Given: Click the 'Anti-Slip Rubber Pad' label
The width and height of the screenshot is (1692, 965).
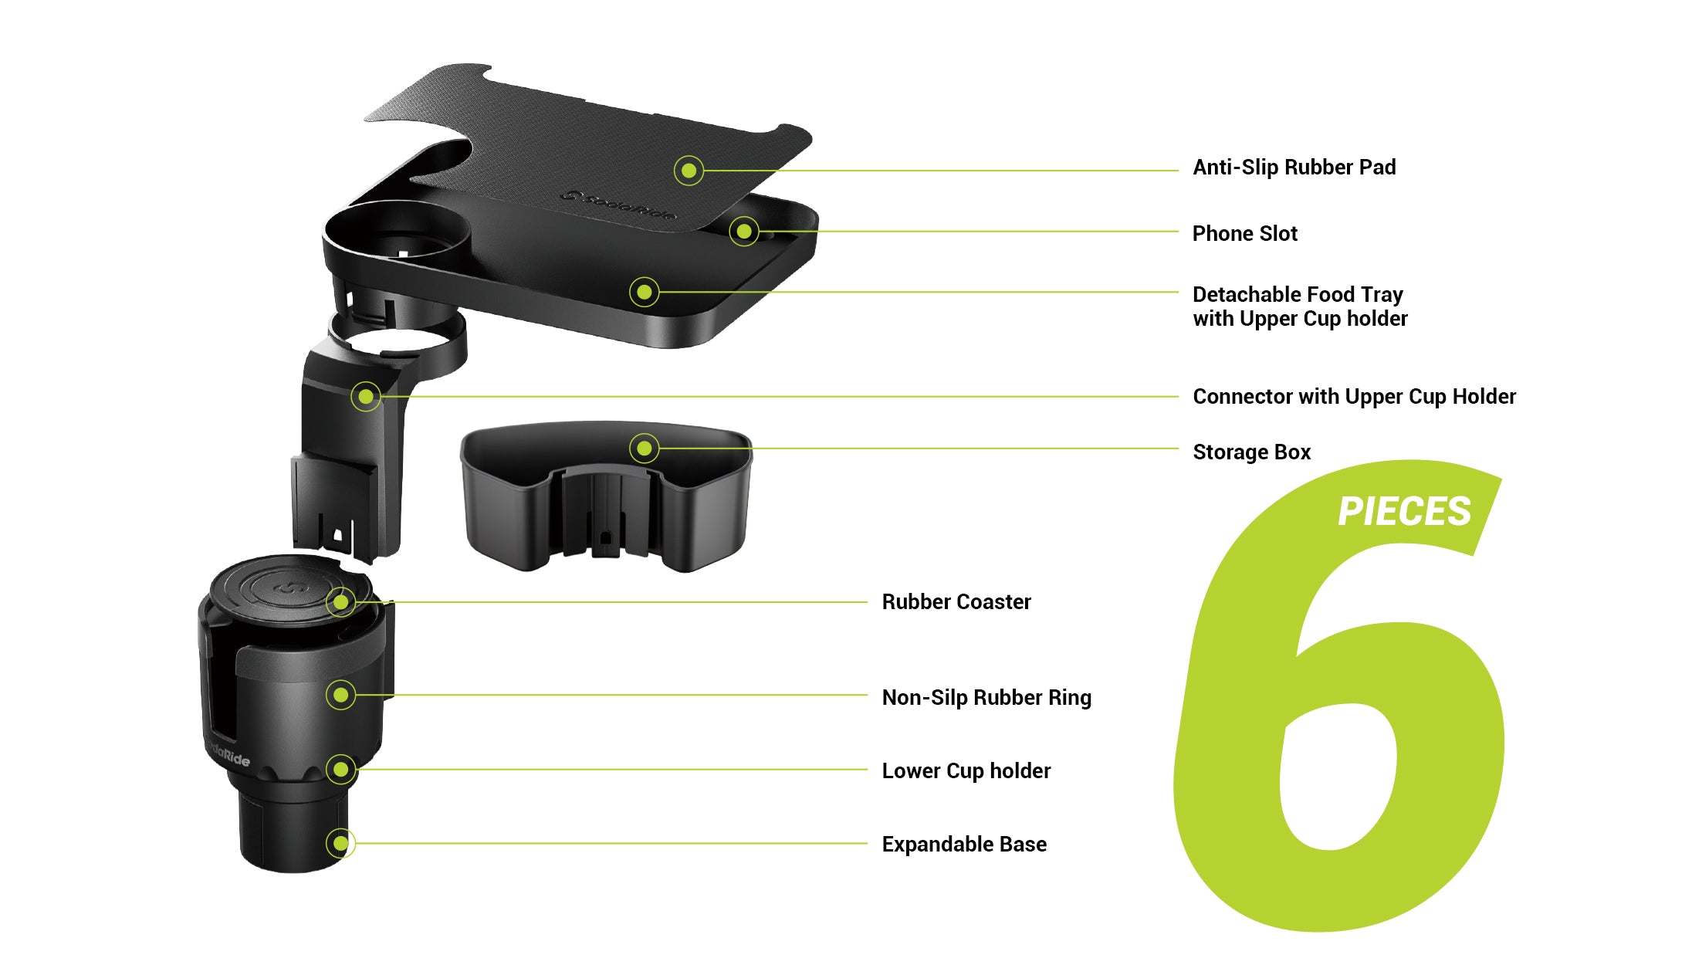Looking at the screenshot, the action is [1294, 168].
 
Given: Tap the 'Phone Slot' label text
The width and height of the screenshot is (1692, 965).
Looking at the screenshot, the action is [1245, 233].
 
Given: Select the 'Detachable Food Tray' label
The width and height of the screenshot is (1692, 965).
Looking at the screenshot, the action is [1298, 294].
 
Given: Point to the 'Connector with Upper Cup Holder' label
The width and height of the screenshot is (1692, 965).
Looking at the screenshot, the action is [1355, 397].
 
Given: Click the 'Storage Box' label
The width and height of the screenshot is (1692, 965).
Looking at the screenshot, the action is [1252, 452].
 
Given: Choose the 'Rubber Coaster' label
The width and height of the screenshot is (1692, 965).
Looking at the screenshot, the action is [956, 602].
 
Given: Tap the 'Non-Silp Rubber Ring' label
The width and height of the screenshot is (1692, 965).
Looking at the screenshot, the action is [986, 698].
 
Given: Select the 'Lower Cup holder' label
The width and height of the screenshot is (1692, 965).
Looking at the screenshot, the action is [966, 771].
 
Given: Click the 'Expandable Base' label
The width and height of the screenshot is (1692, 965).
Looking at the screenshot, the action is [964, 844].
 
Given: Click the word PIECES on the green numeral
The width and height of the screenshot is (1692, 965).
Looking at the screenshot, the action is [1404, 511].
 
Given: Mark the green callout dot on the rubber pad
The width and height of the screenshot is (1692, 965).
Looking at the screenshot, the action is [689, 171].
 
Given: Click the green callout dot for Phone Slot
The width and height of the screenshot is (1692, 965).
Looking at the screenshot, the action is [744, 231].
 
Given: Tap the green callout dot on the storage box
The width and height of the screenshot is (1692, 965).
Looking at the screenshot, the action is [645, 448].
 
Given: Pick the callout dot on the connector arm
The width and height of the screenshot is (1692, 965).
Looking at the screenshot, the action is [366, 397].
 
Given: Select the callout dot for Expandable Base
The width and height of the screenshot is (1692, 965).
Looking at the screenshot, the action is [340, 843].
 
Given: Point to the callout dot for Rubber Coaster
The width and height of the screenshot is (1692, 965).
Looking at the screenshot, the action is [340, 602].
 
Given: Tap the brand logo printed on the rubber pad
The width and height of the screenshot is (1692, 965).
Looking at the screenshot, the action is [618, 205].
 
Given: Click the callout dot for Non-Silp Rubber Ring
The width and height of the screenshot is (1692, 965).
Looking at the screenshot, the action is [340, 695].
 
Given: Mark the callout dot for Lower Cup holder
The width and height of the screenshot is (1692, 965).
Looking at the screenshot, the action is [340, 769].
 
